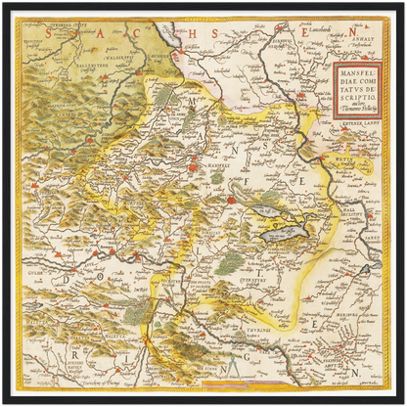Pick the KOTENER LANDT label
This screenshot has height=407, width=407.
pyautogui.click(x=357, y=125)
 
